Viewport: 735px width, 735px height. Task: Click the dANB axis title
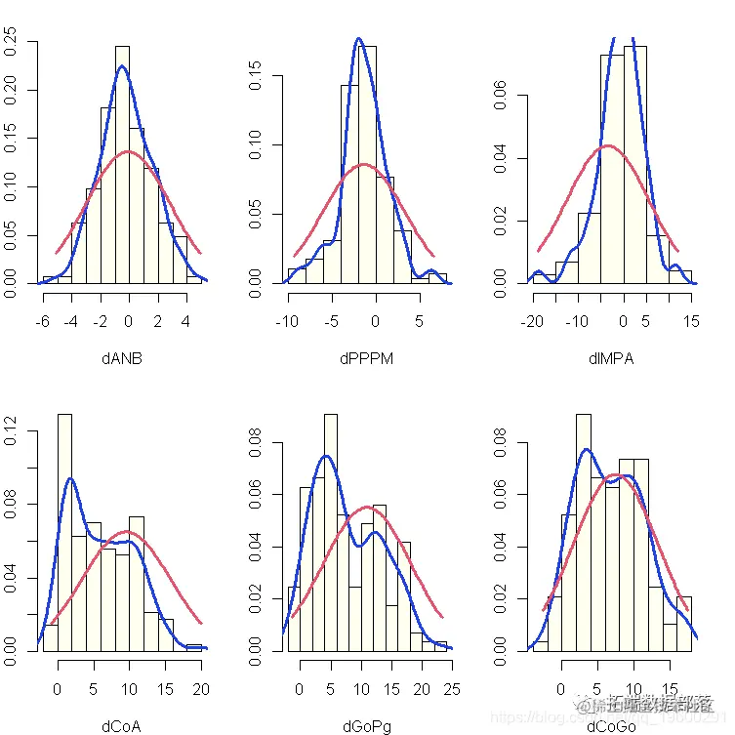[122, 358]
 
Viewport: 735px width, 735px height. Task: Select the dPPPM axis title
[367, 358]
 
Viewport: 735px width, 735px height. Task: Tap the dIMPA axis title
[611, 358]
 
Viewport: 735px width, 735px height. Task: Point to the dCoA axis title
[122, 725]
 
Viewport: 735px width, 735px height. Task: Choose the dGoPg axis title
[367, 725]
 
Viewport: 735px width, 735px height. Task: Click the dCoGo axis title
[611, 725]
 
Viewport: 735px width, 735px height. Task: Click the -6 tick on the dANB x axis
[43, 321]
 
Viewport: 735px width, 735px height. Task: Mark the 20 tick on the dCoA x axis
[201, 689]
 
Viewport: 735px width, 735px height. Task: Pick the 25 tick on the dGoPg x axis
[451, 689]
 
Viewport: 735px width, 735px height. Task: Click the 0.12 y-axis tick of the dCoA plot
[12, 430]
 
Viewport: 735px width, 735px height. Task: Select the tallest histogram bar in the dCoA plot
[64, 532]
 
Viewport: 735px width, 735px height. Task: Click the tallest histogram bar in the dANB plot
[122, 164]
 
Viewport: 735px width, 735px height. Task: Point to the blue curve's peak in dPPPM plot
[358, 39]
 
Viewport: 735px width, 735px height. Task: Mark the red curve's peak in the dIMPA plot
[607, 145]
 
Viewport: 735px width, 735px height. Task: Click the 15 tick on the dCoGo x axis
[671, 689]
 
